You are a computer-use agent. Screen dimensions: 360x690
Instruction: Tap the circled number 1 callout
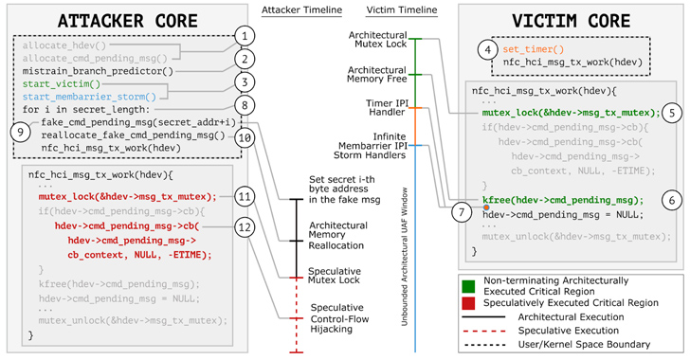point(245,35)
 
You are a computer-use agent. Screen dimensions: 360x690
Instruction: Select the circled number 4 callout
point(488,48)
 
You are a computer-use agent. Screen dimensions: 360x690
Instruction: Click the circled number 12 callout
point(245,226)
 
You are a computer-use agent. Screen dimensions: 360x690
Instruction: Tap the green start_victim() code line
point(56,83)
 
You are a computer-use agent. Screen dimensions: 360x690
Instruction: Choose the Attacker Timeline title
point(296,9)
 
